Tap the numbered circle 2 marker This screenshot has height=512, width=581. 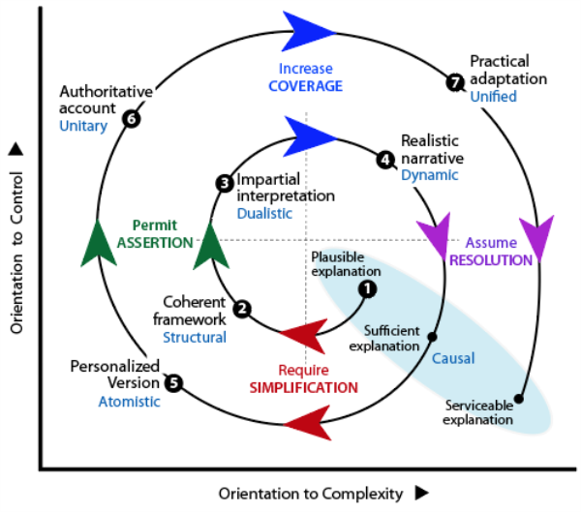(243, 309)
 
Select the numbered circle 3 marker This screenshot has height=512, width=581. (224, 182)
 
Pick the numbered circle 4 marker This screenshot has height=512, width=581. (385, 160)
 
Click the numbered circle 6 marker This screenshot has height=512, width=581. (132, 118)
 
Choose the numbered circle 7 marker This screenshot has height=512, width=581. (454, 82)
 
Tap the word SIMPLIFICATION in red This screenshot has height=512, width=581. (304, 387)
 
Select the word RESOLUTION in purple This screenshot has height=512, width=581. (491, 259)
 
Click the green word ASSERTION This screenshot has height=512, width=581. (161, 242)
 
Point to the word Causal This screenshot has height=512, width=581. (453, 358)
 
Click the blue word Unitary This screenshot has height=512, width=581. (82, 126)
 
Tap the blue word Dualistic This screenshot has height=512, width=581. (264, 213)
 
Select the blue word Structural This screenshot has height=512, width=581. (194, 337)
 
